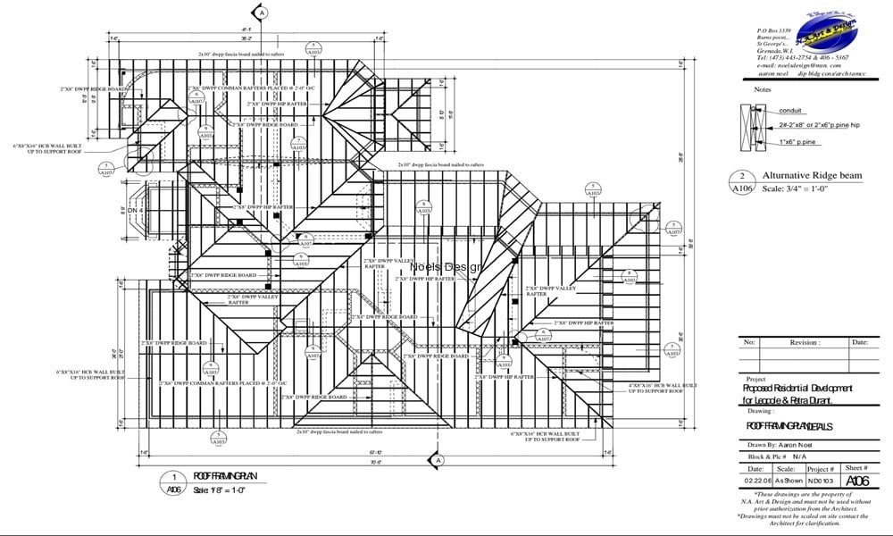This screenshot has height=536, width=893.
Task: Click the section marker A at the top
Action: click(261, 13)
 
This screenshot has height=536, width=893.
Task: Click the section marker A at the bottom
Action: click(438, 460)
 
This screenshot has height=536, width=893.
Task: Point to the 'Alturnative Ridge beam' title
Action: click(812, 176)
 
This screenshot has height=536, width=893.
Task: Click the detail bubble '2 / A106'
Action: click(743, 183)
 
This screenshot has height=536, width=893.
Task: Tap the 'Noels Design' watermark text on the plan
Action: click(446, 266)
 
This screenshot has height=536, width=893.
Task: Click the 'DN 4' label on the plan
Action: click(136, 209)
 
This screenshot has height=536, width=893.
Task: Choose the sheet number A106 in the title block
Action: click(855, 482)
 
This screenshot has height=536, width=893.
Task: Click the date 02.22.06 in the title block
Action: click(755, 482)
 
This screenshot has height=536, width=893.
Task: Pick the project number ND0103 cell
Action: click(819, 482)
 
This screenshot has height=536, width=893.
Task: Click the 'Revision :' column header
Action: click(803, 342)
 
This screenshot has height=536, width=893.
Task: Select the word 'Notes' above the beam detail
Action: click(762, 89)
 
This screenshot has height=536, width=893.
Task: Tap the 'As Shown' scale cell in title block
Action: click(785, 482)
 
